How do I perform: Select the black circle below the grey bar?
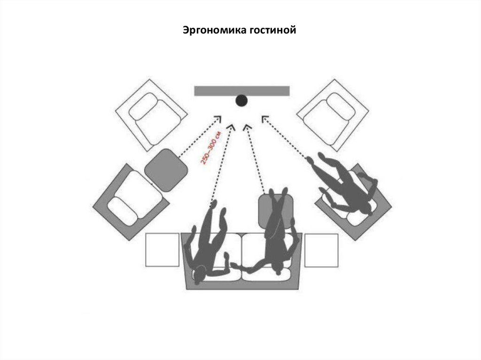coord(241,100)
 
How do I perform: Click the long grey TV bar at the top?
coord(242,91)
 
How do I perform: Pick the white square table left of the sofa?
coord(163,250)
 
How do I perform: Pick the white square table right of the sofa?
coord(321,250)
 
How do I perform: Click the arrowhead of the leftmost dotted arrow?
coord(217,118)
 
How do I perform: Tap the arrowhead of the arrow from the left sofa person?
coord(231,127)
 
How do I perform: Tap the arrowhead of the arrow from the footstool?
coord(247,127)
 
